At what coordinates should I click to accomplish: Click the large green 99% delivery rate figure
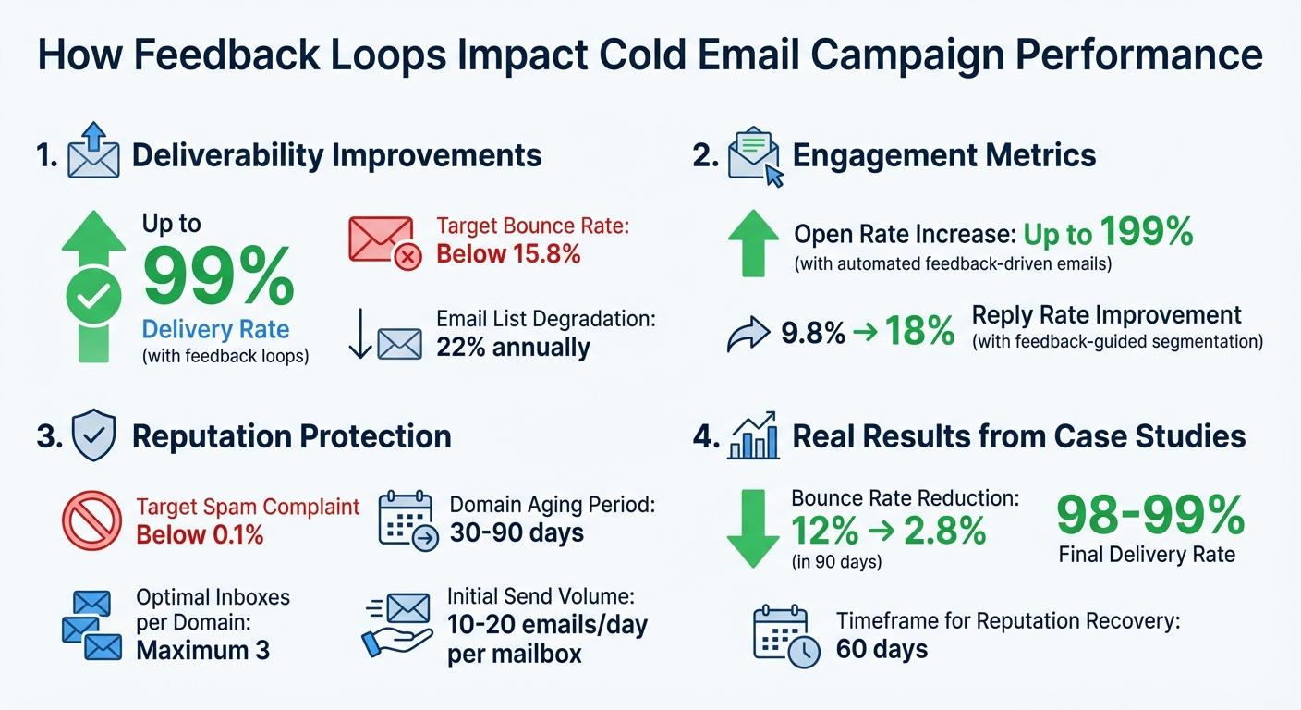pyautogui.click(x=218, y=276)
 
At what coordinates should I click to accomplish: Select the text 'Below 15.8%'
pyautogui.click(x=508, y=253)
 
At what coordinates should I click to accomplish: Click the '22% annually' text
pyautogui.click(x=513, y=348)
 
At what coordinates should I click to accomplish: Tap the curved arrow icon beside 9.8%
pyautogui.click(x=748, y=334)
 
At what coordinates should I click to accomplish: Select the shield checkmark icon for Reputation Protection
pyautogui.click(x=93, y=436)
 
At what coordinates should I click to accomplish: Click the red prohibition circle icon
pyautogui.click(x=91, y=521)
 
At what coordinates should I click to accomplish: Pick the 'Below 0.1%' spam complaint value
pyautogui.click(x=200, y=533)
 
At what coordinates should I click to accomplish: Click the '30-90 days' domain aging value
pyautogui.click(x=517, y=533)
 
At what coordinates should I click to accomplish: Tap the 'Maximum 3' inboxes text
pyautogui.click(x=202, y=650)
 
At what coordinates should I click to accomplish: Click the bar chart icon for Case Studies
pyautogui.click(x=753, y=436)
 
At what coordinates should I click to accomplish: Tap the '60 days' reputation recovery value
pyautogui.click(x=882, y=649)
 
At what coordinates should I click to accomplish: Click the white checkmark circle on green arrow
pyautogui.click(x=93, y=296)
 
